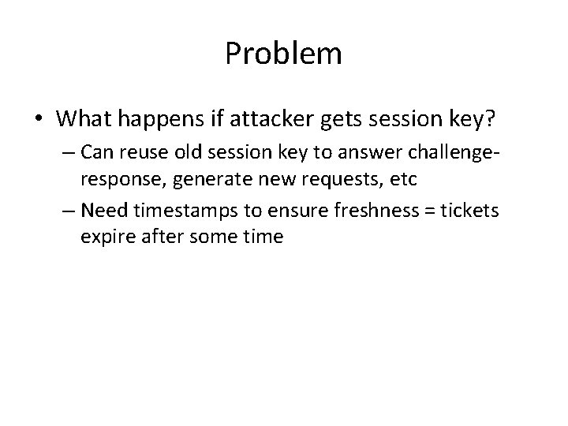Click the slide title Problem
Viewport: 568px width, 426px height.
283,54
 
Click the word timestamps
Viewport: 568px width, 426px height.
174,209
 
